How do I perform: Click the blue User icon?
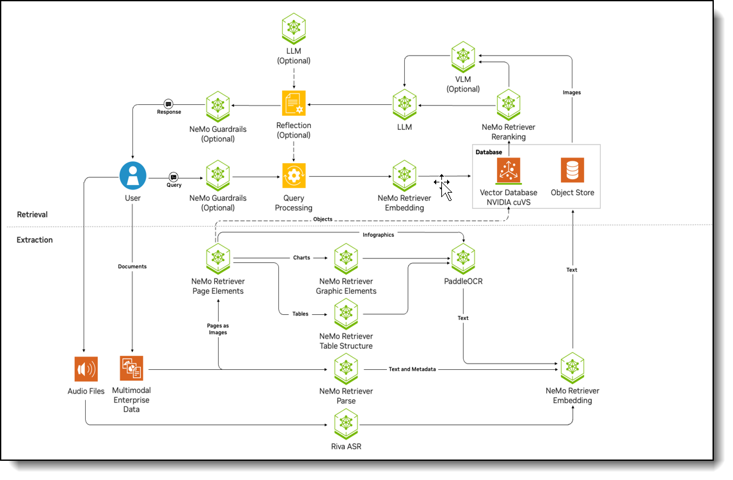(x=133, y=175)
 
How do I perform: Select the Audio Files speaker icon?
(x=86, y=369)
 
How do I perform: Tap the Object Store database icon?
(x=572, y=171)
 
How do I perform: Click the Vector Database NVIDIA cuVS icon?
(x=508, y=171)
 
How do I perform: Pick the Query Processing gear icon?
(x=294, y=175)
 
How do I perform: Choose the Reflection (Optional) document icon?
(x=294, y=103)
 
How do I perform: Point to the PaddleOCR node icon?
(x=463, y=259)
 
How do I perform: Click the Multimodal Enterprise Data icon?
(x=132, y=369)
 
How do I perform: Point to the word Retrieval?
(x=33, y=214)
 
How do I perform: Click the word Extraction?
(x=35, y=240)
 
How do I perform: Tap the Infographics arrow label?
(x=379, y=234)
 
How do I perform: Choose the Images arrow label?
(x=572, y=93)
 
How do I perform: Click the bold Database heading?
(x=489, y=152)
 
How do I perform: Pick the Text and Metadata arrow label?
(x=412, y=369)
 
